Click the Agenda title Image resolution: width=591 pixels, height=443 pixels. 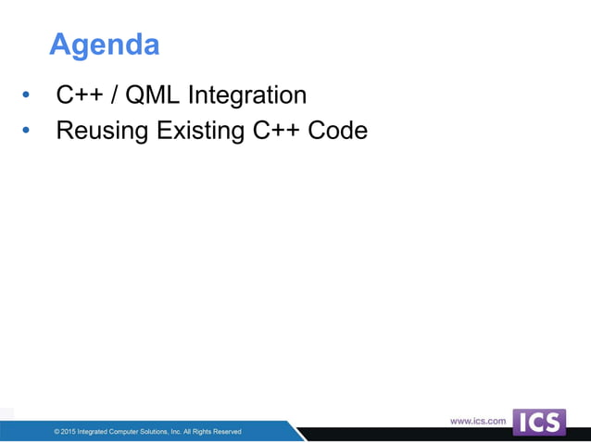104,44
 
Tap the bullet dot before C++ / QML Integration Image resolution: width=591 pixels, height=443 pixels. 26,95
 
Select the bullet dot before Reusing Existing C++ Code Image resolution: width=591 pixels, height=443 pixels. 26,132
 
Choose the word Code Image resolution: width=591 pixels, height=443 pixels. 337,131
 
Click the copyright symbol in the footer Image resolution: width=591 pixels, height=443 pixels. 57,432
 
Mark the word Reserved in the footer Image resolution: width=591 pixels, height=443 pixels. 226,432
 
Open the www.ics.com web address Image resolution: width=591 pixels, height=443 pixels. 478,422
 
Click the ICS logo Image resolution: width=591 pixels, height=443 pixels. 538,423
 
